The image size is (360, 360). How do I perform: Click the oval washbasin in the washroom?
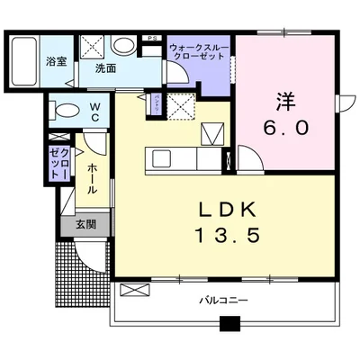tap(126, 45)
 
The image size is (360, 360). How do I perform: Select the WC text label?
tap(94, 111)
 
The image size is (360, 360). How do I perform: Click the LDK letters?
tap(226, 210)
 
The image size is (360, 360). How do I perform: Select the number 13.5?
tap(226, 238)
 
